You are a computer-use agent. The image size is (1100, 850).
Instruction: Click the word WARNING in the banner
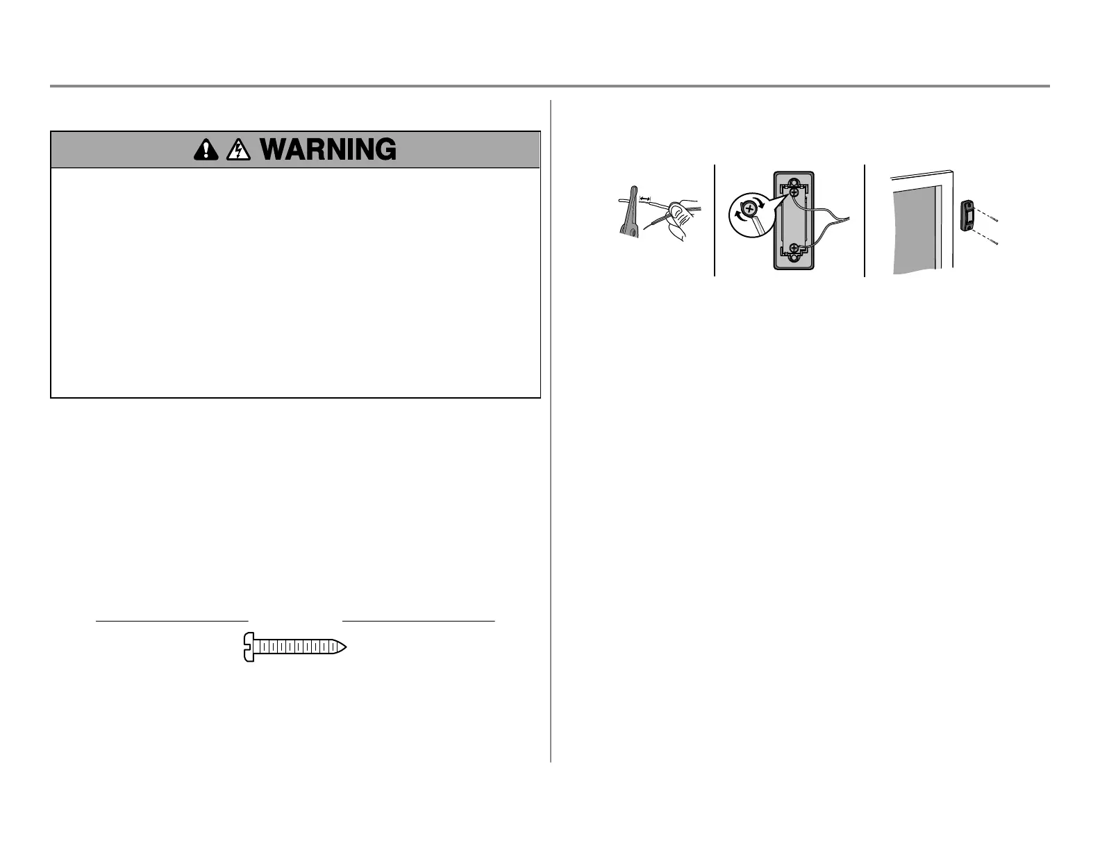point(330,150)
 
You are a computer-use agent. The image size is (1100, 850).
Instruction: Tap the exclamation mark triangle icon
point(206,150)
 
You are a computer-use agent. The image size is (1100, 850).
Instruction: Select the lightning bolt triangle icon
point(237,150)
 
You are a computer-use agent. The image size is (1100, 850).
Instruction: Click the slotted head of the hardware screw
point(249,647)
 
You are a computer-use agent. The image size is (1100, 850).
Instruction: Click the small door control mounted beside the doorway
point(966,215)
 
